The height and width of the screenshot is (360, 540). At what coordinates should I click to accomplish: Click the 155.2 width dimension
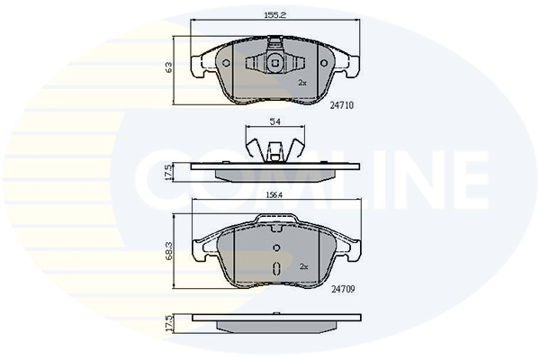point(275,15)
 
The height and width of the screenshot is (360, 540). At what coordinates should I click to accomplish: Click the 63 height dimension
point(169,67)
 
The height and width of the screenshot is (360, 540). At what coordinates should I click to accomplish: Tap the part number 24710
point(342,105)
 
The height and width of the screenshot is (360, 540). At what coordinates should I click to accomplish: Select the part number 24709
point(343,290)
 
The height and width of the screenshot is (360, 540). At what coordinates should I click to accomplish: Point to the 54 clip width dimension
point(274,121)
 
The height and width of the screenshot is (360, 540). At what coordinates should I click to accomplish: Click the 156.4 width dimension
point(274,195)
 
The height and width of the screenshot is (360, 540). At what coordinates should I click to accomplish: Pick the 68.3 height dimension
point(169,250)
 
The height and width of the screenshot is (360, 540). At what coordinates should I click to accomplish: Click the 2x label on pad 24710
point(302,83)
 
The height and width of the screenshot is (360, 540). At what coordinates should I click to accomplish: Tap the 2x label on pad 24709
point(303,266)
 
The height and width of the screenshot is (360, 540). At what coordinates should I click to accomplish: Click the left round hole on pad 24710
point(226,63)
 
